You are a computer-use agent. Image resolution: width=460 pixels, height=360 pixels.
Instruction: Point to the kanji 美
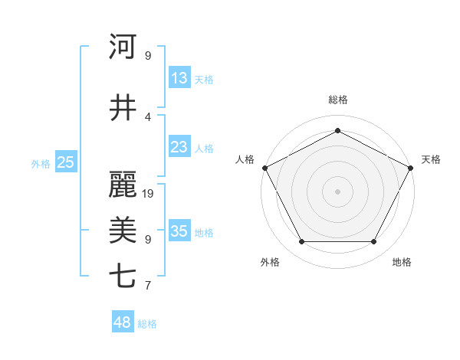(123, 231)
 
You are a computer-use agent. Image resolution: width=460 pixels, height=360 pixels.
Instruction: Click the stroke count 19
(149, 194)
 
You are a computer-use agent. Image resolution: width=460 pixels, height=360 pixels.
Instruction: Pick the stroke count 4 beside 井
(147, 117)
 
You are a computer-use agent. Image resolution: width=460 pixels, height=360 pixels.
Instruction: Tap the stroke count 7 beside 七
(147, 286)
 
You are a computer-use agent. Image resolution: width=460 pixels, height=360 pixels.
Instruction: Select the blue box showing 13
(179, 77)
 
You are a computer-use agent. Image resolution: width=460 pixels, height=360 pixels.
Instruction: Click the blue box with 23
(179, 146)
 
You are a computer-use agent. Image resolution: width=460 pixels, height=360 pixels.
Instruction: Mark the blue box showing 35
(179, 231)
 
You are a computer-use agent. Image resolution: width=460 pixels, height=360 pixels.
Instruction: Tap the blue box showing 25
(66, 162)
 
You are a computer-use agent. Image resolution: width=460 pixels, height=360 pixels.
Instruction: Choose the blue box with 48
(123, 322)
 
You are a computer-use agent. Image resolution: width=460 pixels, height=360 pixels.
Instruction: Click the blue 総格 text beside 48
(147, 324)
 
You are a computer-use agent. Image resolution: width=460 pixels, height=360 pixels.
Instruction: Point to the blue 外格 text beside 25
(41, 163)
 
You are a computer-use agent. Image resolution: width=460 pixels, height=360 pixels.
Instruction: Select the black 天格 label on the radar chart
(431, 159)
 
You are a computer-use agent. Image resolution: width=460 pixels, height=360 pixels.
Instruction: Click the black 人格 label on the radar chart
(245, 159)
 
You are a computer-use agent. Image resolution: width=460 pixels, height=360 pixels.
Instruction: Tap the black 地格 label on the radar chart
(402, 262)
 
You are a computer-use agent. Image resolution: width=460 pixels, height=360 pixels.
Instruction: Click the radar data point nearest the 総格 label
(337, 130)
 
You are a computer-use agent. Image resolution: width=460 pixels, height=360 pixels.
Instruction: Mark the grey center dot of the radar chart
(337, 191)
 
